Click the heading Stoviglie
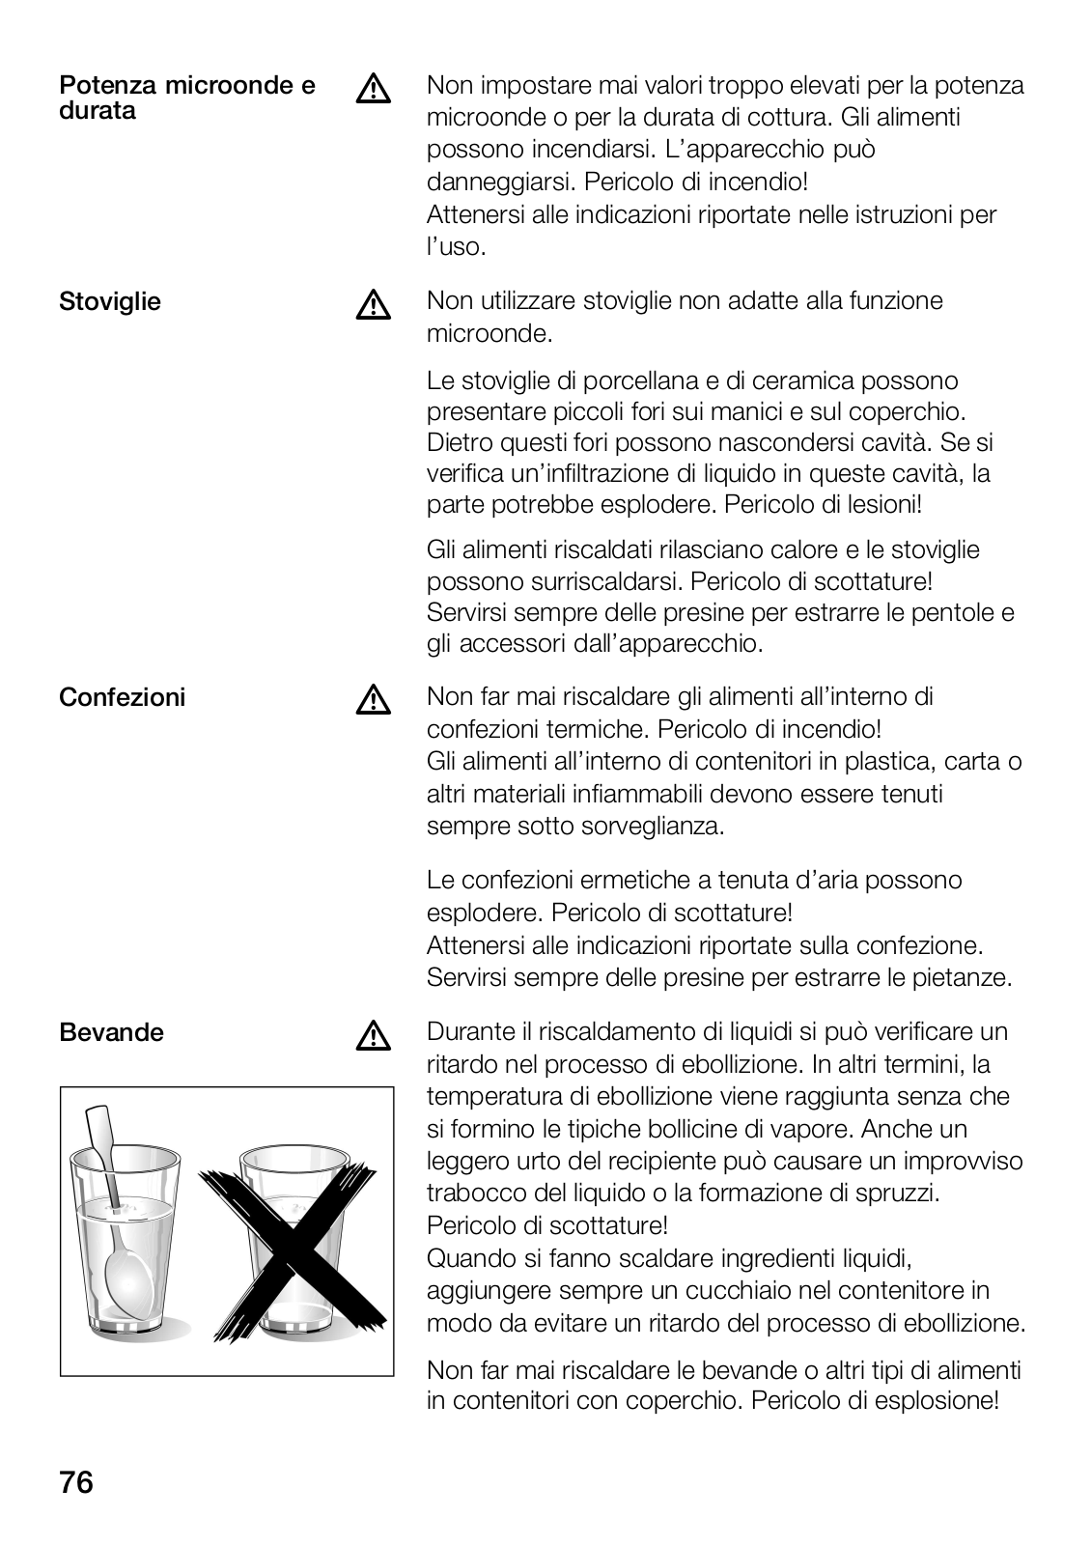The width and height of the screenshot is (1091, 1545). (x=110, y=302)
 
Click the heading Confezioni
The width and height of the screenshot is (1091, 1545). (x=122, y=697)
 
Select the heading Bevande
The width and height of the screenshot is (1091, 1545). (x=112, y=1032)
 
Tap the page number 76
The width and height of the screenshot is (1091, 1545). (x=76, y=1482)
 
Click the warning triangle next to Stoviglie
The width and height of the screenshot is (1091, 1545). (x=373, y=305)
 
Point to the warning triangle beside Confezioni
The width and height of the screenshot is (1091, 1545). (x=373, y=700)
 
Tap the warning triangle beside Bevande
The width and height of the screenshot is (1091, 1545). (x=373, y=1036)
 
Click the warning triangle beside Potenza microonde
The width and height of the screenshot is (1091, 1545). (x=373, y=90)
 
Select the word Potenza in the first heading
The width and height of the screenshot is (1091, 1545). (x=107, y=86)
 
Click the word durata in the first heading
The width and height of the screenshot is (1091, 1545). (x=98, y=111)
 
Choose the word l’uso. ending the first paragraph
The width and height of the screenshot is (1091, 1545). (x=456, y=246)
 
